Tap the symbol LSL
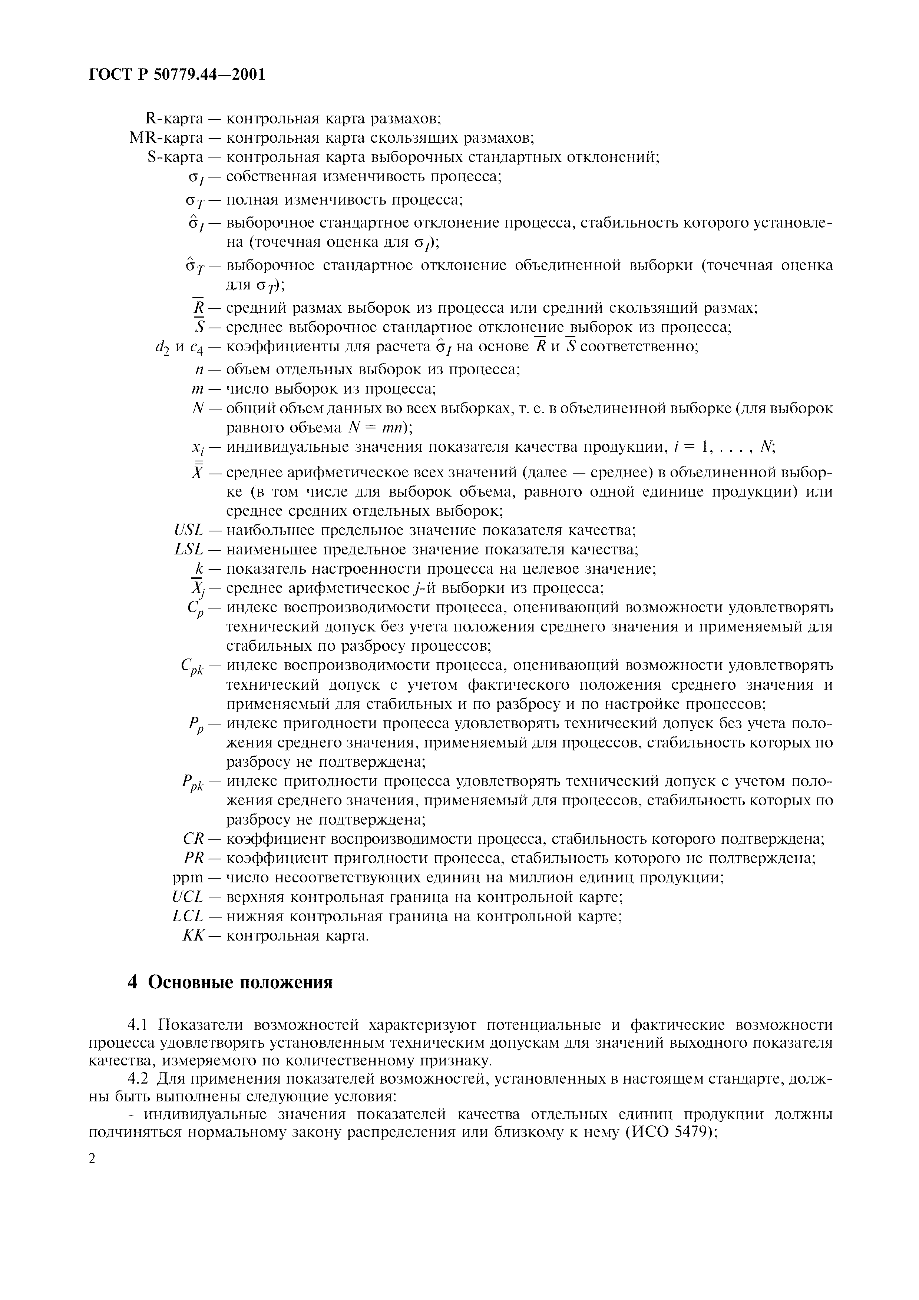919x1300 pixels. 189,549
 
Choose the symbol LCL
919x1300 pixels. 188,916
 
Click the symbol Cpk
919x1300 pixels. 192,667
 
